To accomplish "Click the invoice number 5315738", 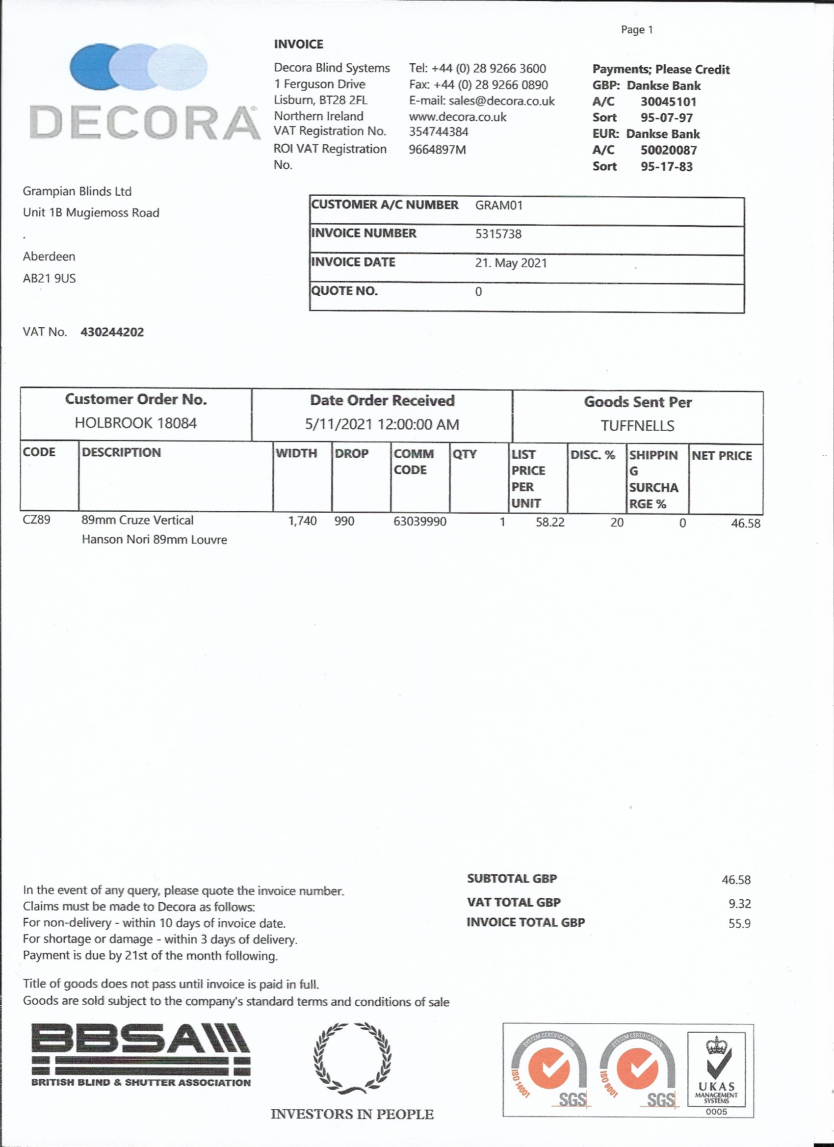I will click(498, 234).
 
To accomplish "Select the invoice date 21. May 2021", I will click(511, 263).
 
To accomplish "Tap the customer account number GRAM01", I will click(498, 206).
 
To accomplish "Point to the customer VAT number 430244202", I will click(112, 332).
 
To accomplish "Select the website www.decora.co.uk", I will click(457, 117).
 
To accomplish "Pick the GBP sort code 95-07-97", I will click(666, 118).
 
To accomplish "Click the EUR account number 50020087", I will click(668, 150).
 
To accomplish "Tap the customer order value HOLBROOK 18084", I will click(135, 423).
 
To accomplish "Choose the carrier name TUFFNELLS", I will click(637, 426).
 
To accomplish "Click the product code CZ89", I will click(36, 520).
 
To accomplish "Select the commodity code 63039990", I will click(420, 521).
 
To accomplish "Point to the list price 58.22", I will click(550, 522).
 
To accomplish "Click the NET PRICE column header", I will click(721, 456).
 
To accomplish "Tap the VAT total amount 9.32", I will click(739, 904).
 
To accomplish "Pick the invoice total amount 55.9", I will click(739, 924).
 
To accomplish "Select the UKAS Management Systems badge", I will click(716, 1070).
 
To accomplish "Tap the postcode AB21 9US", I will click(49, 279).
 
